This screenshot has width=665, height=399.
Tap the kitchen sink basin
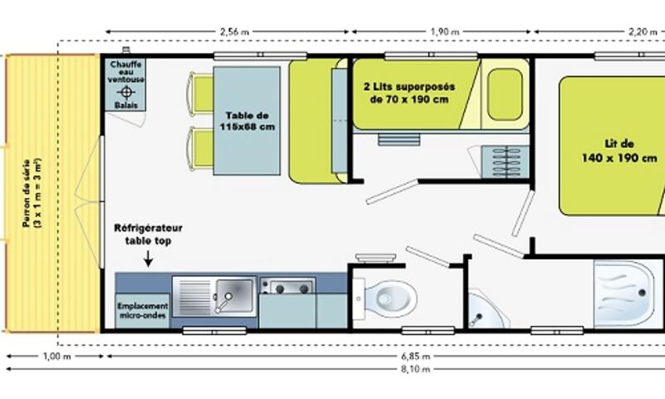(x=234, y=295)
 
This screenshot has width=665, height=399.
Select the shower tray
(x=628, y=294)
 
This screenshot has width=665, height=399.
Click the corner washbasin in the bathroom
(x=484, y=310)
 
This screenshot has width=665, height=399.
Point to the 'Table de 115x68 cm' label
(x=247, y=121)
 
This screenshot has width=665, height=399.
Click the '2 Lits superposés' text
(x=409, y=86)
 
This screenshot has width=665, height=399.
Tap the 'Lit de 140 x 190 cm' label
(x=619, y=151)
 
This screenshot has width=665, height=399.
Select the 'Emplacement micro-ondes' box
(x=142, y=310)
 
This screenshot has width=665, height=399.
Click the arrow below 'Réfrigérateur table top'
(x=148, y=259)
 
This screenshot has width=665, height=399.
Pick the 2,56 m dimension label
(x=234, y=32)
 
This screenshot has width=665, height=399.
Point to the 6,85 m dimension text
(x=416, y=356)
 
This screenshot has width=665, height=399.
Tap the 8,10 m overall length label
(x=416, y=369)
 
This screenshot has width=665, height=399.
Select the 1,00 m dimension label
(x=57, y=356)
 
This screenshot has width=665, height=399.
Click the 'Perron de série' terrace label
(x=27, y=193)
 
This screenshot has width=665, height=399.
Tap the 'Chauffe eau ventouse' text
(x=126, y=71)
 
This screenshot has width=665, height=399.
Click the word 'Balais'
(x=126, y=106)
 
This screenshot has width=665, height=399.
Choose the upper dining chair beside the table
(x=201, y=94)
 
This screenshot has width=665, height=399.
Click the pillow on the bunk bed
(x=505, y=95)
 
